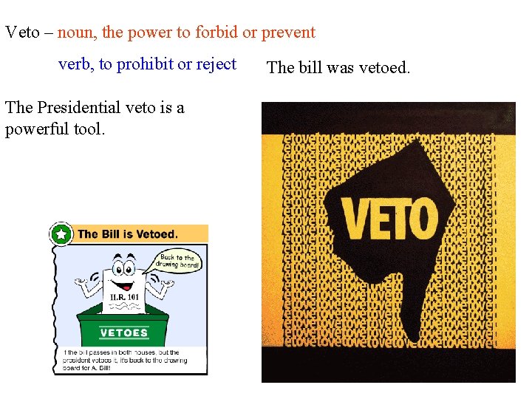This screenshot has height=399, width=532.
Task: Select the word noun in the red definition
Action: [x=75, y=33]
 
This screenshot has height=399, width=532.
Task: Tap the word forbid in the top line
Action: [x=219, y=33]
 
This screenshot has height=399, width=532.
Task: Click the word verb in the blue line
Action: [x=74, y=64]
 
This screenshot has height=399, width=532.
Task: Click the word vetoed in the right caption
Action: [x=383, y=68]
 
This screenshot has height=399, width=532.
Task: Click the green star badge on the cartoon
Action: [x=61, y=235]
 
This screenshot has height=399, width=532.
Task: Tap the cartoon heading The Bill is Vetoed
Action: [x=128, y=234]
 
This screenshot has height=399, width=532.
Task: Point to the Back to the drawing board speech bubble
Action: [x=177, y=262]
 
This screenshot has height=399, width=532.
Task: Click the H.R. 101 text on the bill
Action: [x=123, y=297]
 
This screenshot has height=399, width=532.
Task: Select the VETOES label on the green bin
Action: [x=123, y=332]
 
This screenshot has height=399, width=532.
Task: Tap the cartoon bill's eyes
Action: [x=123, y=265]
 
